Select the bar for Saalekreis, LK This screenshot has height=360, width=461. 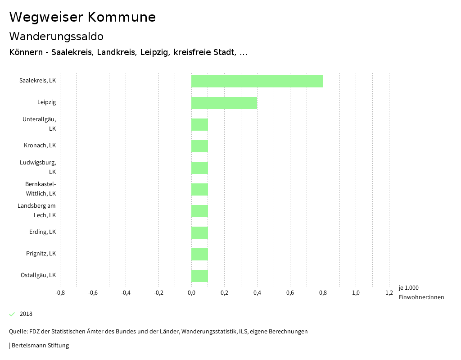click(x=257, y=81)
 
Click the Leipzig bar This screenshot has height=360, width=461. click(x=224, y=103)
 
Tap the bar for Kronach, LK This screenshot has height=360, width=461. click(x=199, y=146)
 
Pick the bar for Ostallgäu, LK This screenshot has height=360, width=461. click(x=199, y=276)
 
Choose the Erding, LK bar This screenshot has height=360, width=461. click(x=199, y=232)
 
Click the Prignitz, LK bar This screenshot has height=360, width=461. click(x=199, y=254)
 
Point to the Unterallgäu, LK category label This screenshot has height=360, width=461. click(x=40, y=124)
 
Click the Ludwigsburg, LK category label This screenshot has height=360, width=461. click(x=38, y=167)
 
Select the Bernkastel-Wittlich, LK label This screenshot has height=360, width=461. click(x=41, y=189)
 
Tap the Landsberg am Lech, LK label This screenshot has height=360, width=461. click(x=37, y=210)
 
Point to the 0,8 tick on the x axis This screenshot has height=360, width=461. click(x=323, y=293)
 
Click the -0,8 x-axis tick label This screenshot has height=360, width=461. click(x=60, y=293)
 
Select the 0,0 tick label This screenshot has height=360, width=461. click(x=191, y=293)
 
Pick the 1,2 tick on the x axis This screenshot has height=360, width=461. click(x=389, y=293)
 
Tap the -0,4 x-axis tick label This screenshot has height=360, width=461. click(x=126, y=293)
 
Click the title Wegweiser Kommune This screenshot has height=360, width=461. click(x=82, y=17)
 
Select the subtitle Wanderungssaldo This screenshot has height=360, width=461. click(x=56, y=36)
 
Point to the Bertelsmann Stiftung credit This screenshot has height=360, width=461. click(x=39, y=346)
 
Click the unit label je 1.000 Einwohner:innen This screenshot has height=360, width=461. click(x=421, y=292)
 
